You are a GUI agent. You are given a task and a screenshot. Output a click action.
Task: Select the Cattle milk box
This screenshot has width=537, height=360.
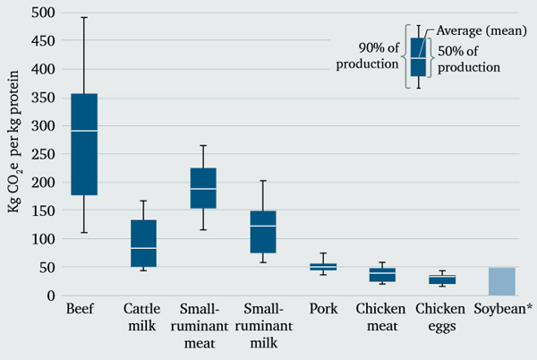pos(143,244)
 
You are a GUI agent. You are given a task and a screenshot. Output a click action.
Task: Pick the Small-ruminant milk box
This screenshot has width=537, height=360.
pos(262,232)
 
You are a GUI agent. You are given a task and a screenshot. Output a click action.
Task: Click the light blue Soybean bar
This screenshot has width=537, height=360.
pos(502,281)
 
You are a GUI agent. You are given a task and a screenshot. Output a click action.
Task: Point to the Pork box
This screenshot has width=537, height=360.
pos(322,266)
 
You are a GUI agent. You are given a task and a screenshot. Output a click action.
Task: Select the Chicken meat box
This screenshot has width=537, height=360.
pos(382,275)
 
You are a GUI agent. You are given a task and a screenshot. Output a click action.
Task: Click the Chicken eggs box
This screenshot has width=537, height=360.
pos(441,279)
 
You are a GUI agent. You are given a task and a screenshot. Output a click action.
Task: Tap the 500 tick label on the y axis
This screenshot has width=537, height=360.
pos(40,13)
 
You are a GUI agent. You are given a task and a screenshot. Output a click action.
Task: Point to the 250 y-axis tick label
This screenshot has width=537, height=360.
pos(40,154)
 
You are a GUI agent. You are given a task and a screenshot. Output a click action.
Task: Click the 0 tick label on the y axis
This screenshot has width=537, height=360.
pos(50,296)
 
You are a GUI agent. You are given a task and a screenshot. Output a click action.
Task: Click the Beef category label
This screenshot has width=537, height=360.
pos(83,310)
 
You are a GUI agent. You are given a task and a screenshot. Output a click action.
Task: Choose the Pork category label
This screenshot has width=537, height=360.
pos(322,310)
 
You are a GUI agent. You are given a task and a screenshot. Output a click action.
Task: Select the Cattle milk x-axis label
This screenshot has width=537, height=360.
pos(143,318)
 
